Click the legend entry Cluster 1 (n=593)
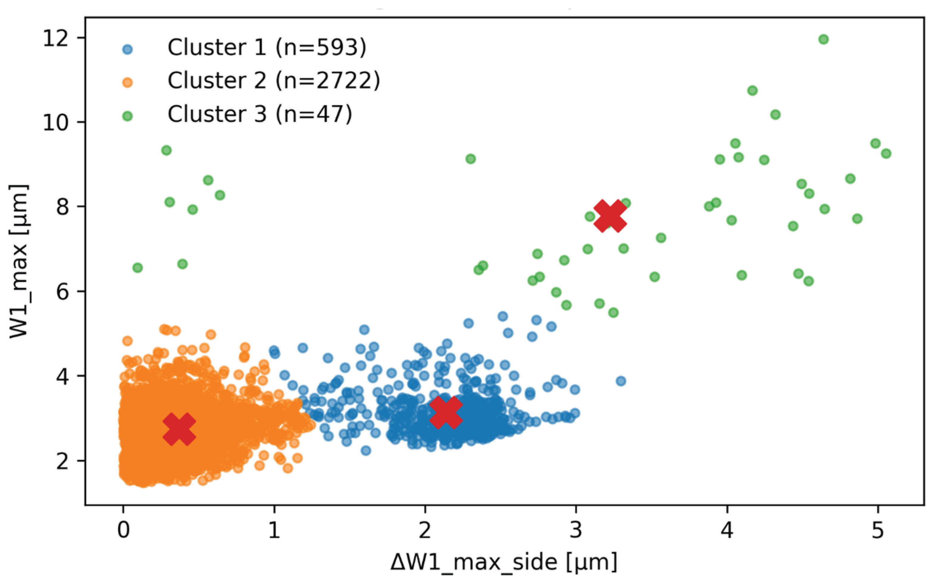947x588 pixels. [x=267, y=48]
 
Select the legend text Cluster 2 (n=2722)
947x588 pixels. [x=274, y=81]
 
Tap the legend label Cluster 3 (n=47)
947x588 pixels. [x=260, y=114]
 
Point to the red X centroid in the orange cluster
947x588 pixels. [x=179, y=429]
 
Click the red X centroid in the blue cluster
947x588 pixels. [x=446, y=413]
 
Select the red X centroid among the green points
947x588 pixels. [x=610, y=216]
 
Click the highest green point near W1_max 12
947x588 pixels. [x=823, y=39]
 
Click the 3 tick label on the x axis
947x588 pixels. [x=576, y=530]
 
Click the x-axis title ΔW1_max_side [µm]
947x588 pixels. [x=504, y=563]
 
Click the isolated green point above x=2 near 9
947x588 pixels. [x=471, y=159]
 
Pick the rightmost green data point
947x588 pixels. [x=886, y=153]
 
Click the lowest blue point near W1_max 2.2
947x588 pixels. [x=366, y=451]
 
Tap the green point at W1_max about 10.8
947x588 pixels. [x=752, y=91]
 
